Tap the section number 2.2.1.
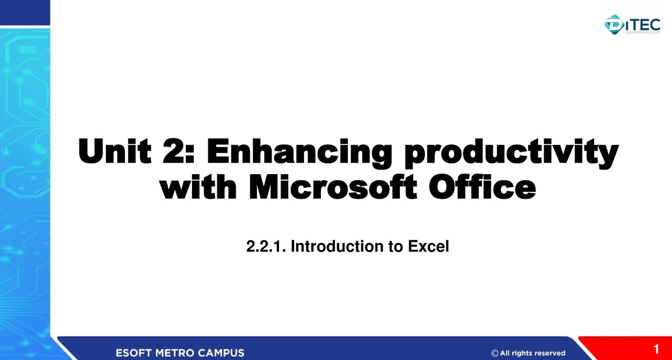pos(265,246)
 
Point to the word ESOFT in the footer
pos(134,353)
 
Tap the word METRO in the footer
pos(179,353)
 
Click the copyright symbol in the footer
pos(495,353)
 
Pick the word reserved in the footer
pos(547,353)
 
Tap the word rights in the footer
pos(520,353)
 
